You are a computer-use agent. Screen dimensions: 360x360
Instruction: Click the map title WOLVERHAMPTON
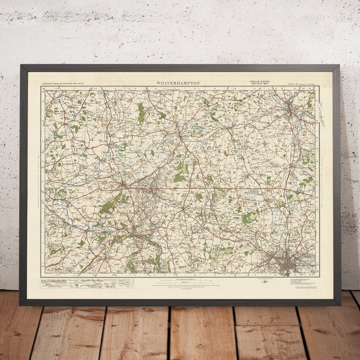tap(178, 83)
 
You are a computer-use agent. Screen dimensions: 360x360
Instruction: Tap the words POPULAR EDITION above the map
tap(260, 82)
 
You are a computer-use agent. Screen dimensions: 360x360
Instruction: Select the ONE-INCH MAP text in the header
tap(260, 84)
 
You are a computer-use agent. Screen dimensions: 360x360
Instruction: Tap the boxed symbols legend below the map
tap(87, 284)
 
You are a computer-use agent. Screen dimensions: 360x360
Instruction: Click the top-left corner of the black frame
tap(21, 66)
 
